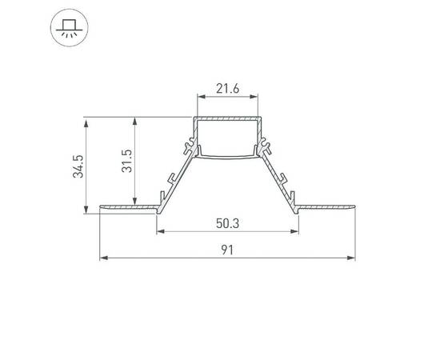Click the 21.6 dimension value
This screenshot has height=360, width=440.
pyautogui.click(x=228, y=90)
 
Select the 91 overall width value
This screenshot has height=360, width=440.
pyautogui.click(x=228, y=250)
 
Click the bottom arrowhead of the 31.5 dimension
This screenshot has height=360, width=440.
pyautogui.click(x=134, y=201)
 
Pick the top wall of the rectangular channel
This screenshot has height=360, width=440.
pyautogui.click(x=228, y=118)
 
